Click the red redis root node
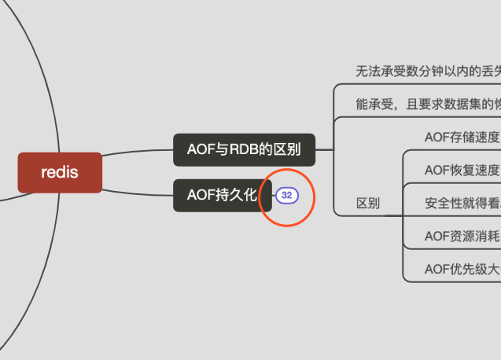tap(60, 172)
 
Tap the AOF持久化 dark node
tap(222, 195)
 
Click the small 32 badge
tap(286, 195)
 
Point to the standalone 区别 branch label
tap(368, 204)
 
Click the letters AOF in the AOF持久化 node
tap(200, 195)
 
